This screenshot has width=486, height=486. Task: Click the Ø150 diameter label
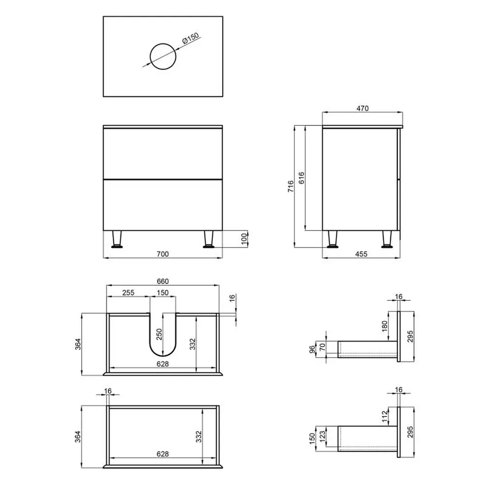(x=191, y=38)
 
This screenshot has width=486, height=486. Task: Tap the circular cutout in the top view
(x=163, y=43)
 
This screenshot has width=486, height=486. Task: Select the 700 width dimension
(x=163, y=254)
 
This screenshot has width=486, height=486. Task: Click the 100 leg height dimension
(x=244, y=239)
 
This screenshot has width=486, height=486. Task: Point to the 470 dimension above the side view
(x=363, y=108)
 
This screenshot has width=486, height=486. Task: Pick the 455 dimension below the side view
(x=361, y=254)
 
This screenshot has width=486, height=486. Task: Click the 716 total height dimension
(x=291, y=186)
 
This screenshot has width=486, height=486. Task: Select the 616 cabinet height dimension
(x=301, y=178)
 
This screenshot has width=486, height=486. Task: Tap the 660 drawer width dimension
(x=163, y=281)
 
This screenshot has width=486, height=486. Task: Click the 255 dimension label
(x=128, y=293)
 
